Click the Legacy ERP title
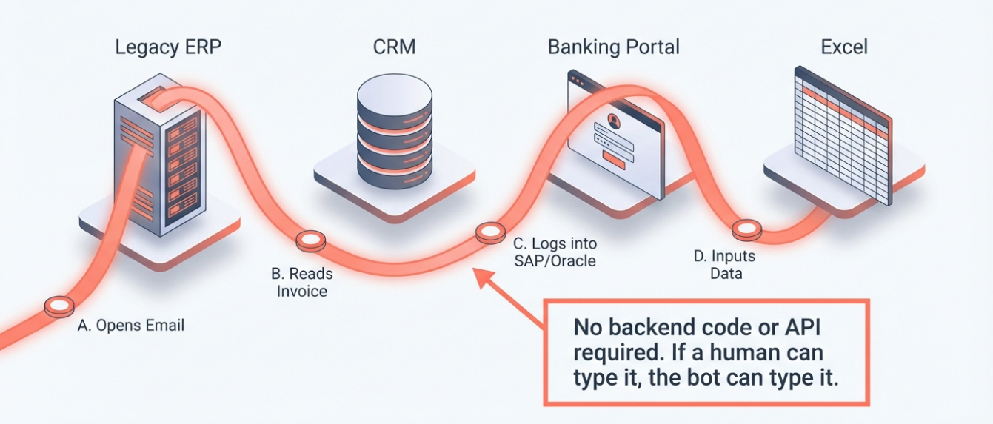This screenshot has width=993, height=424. (168, 47)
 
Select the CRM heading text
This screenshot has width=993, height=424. (394, 47)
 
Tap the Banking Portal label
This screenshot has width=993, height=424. (613, 47)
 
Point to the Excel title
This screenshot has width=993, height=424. (844, 47)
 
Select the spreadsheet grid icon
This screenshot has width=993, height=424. (843, 133)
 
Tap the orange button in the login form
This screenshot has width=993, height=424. (614, 156)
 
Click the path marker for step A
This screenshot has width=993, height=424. (59, 306)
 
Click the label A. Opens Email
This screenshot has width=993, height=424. (131, 326)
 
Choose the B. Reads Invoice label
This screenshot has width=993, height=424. (301, 283)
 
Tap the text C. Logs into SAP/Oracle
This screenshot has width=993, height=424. (555, 252)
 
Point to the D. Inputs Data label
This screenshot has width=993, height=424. (724, 265)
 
